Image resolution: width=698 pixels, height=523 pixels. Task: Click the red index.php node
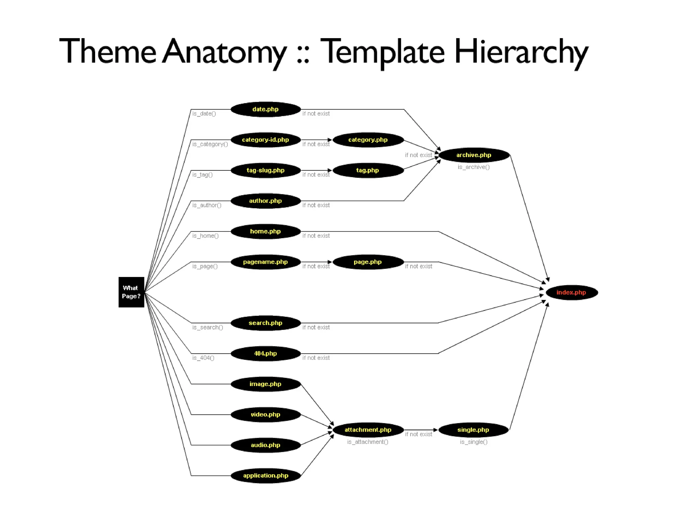pyautogui.click(x=572, y=292)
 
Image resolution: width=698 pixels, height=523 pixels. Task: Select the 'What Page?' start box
pyautogui.click(x=131, y=292)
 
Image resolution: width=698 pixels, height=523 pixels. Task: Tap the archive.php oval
pyautogui.click(x=474, y=155)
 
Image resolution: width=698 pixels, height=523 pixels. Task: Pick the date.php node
pyautogui.click(x=265, y=109)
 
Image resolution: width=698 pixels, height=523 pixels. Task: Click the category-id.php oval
pyautogui.click(x=265, y=140)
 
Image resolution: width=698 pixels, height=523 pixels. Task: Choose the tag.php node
pyautogui.click(x=368, y=170)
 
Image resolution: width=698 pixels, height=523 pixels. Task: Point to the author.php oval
pyautogui.click(x=265, y=201)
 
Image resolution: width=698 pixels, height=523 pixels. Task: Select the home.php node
pyautogui.click(x=265, y=231)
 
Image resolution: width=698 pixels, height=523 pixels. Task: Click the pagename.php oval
pyautogui.click(x=265, y=262)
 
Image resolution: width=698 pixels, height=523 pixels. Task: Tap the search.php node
pyautogui.click(x=265, y=323)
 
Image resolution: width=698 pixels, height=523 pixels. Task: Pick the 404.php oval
pyautogui.click(x=265, y=353)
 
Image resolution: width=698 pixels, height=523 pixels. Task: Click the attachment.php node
pyautogui.click(x=368, y=430)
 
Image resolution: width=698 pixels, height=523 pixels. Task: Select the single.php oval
pyautogui.click(x=473, y=430)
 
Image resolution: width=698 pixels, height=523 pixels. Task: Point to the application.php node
pyautogui.click(x=265, y=475)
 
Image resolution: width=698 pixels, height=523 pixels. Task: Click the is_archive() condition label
pyautogui.click(x=473, y=167)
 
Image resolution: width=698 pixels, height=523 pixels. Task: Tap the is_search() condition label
pyautogui.click(x=208, y=327)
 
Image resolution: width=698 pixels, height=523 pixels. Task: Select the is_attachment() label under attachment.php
pyautogui.click(x=367, y=442)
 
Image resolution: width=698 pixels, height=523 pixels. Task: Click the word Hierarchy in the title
pyautogui.click(x=521, y=52)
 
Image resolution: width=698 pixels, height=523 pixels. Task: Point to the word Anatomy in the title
pyautogui.click(x=224, y=52)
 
